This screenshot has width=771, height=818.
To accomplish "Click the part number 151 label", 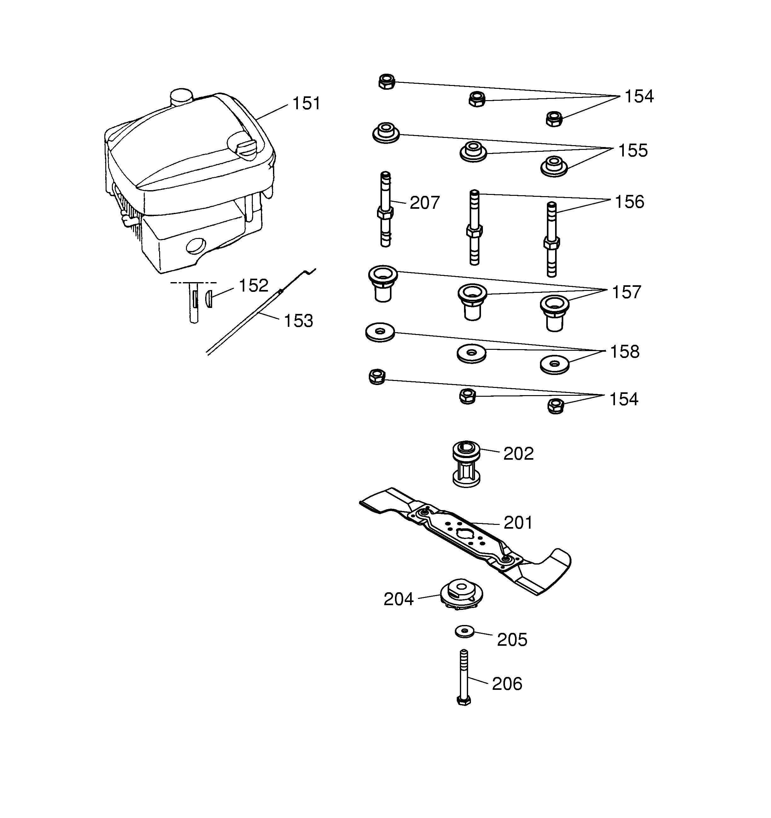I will point(306,104).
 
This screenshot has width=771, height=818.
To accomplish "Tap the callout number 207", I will point(425,203).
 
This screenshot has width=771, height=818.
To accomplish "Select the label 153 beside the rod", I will point(299,321).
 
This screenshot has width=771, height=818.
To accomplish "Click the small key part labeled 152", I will point(209,298).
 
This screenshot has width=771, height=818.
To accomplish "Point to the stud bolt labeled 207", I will point(385,210).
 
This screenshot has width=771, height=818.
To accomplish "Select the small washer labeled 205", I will point(465,631).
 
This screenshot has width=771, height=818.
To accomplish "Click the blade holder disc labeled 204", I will point(461,595).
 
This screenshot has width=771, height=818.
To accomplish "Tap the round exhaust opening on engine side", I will point(196,247).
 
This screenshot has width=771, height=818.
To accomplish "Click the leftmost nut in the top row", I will point(387,82).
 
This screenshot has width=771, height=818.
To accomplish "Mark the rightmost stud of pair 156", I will point(552,240).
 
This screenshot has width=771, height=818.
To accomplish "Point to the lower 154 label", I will point(623,400).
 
